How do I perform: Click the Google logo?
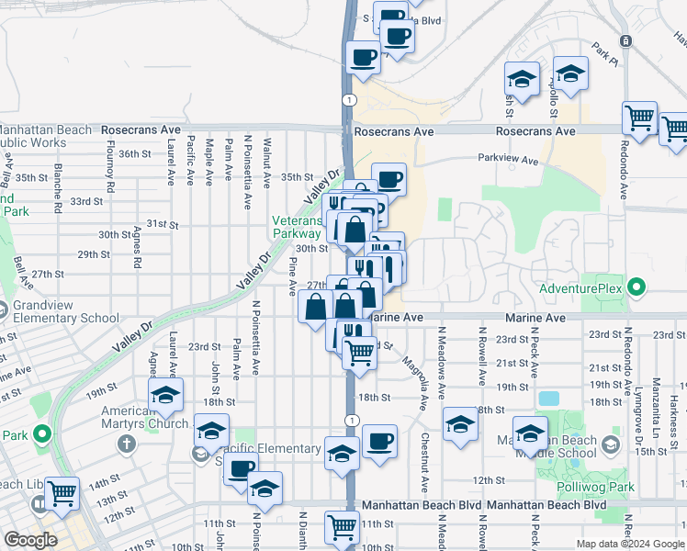pyautogui.click(x=31, y=540)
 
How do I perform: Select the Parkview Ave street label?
pyautogui.click(x=508, y=159)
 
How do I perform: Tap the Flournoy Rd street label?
pyautogui.click(x=111, y=166)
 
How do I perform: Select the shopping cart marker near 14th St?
pyautogui.click(x=62, y=494)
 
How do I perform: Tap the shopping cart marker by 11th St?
pyautogui.click(x=342, y=527)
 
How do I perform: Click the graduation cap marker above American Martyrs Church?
pyautogui.click(x=166, y=395)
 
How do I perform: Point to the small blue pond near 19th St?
pyautogui.click(x=548, y=399)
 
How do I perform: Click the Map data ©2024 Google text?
pyautogui.click(x=629, y=544)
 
